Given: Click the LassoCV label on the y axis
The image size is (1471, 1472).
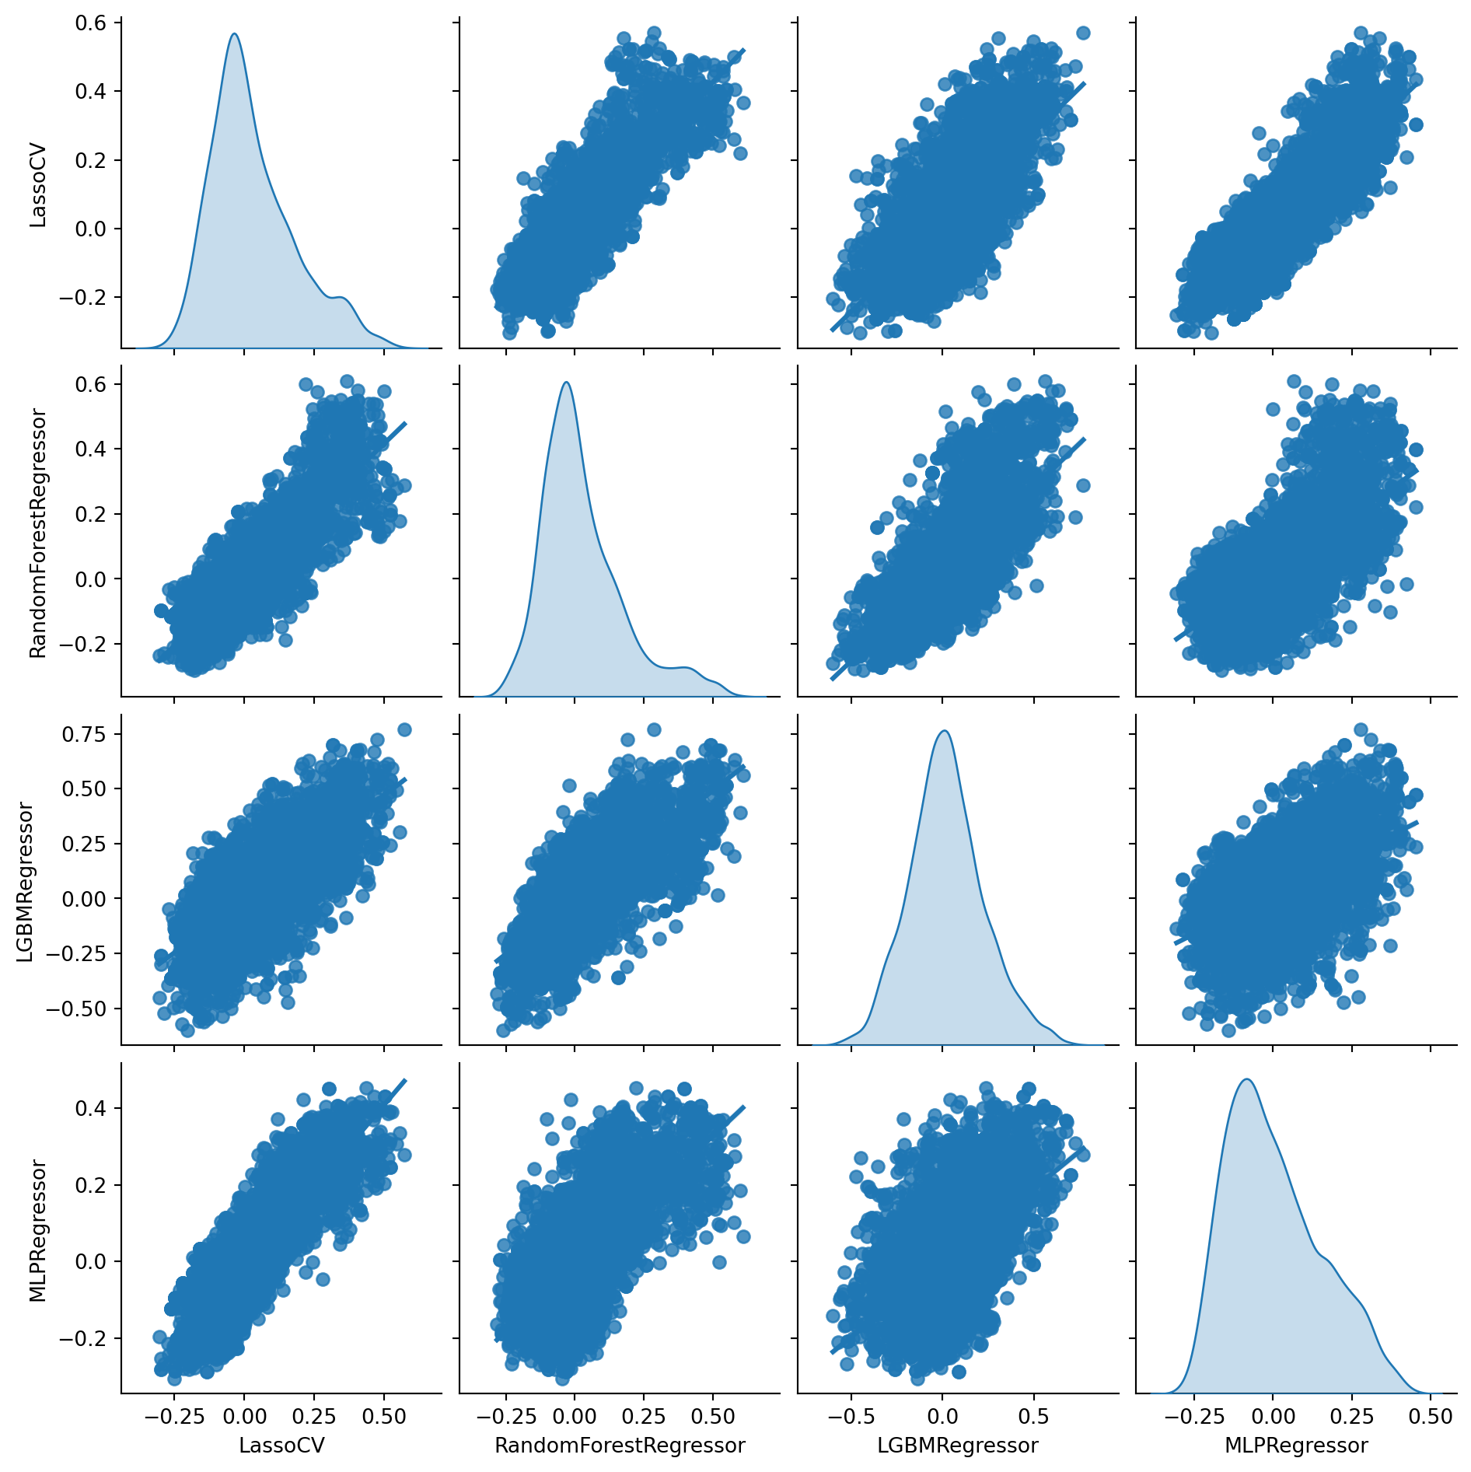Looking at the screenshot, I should (x=38, y=185).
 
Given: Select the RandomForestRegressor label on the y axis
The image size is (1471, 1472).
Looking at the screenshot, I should (x=38, y=533).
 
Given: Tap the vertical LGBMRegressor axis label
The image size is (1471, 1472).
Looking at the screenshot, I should (x=25, y=882).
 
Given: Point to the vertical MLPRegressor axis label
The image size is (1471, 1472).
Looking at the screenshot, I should (x=38, y=1231).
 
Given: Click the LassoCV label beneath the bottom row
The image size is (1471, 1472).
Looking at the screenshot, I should (x=281, y=1445).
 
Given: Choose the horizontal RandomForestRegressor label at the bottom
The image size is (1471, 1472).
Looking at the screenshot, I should (x=620, y=1445).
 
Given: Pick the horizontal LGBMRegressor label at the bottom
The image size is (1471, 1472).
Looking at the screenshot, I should (x=957, y=1445).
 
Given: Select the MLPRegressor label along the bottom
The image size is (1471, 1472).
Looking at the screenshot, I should (x=1296, y=1445).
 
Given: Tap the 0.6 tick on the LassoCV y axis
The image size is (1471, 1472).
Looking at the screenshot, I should (x=91, y=23).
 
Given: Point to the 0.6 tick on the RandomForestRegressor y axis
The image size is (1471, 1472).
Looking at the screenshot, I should (x=91, y=384).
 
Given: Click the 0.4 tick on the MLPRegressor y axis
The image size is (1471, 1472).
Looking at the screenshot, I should (x=91, y=1107).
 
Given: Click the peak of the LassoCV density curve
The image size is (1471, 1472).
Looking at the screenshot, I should (x=234, y=34).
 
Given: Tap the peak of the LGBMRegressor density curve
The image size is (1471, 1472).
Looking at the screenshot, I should (x=944, y=731).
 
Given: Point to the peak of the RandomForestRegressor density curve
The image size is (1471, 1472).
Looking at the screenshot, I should (x=566, y=383).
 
